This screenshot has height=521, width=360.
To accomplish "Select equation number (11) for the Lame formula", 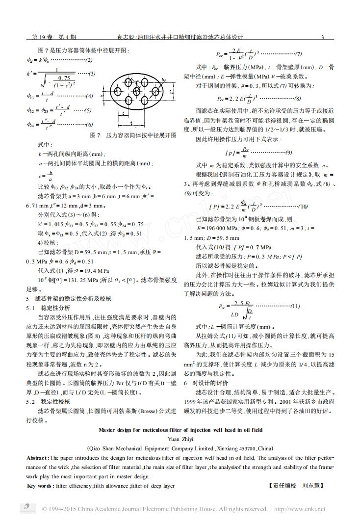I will (295, 307).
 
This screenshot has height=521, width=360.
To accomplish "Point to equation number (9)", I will (289, 152).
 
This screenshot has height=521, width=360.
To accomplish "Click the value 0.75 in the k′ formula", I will (63, 78).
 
